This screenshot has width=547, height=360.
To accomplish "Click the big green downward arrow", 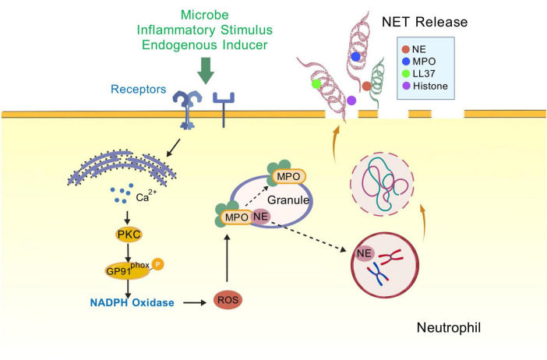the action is tap(206, 71).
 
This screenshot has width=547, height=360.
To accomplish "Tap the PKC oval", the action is tap(129, 235).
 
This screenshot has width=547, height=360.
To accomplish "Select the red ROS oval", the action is tap(228, 300).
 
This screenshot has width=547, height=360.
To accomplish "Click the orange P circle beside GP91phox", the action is tap(157, 264).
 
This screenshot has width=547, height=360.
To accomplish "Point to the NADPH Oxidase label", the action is tap(132, 302).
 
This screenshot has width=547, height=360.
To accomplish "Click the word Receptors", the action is tap(138, 89).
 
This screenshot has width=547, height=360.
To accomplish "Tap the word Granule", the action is tap(288, 200).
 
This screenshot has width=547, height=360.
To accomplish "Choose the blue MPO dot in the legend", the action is tap(406, 62).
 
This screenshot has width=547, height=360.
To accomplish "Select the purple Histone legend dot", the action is tap(406, 86).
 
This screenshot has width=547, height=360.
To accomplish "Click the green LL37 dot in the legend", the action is tap(406, 73).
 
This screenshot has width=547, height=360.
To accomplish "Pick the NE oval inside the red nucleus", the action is tap(364, 253).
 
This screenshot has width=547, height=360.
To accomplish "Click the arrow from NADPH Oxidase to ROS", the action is tap(195, 303).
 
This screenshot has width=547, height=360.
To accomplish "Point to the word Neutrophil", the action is tap(449, 328).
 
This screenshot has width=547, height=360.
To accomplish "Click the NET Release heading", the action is tap(425, 22).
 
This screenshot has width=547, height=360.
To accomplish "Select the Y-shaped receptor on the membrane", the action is tap(224, 109).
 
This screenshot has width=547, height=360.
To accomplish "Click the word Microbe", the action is tap(205, 15).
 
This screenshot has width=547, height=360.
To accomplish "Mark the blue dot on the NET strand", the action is tap(355, 57).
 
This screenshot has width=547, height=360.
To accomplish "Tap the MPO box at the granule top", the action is tap(289, 177).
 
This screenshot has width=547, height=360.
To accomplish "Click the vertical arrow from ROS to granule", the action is tap(227, 258).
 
